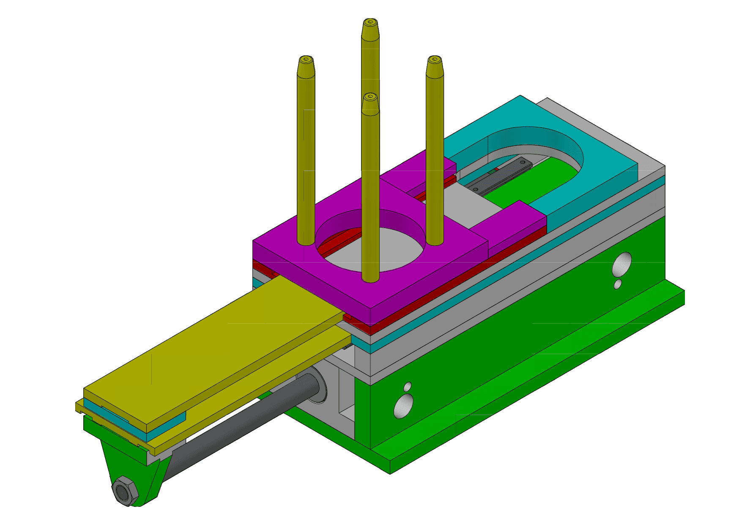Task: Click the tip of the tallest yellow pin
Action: [x=370, y=22]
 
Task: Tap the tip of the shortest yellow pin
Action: [x=370, y=97]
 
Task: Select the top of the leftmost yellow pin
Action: [x=306, y=59]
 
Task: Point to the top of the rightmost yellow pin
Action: [x=434, y=60]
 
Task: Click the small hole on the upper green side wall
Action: [x=618, y=284]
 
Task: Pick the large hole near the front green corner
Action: [x=403, y=406]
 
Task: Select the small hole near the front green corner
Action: [x=407, y=386]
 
